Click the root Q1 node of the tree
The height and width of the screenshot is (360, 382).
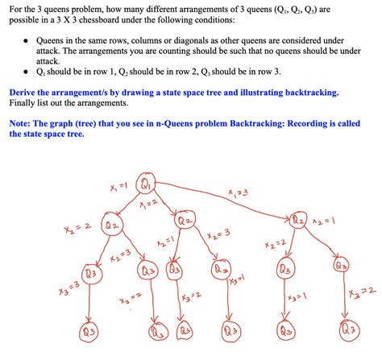(x=146, y=184)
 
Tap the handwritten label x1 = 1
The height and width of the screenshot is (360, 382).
(x=117, y=188)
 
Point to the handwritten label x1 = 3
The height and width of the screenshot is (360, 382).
(x=239, y=192)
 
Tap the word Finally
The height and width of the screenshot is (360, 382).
(x=27, y=104)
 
